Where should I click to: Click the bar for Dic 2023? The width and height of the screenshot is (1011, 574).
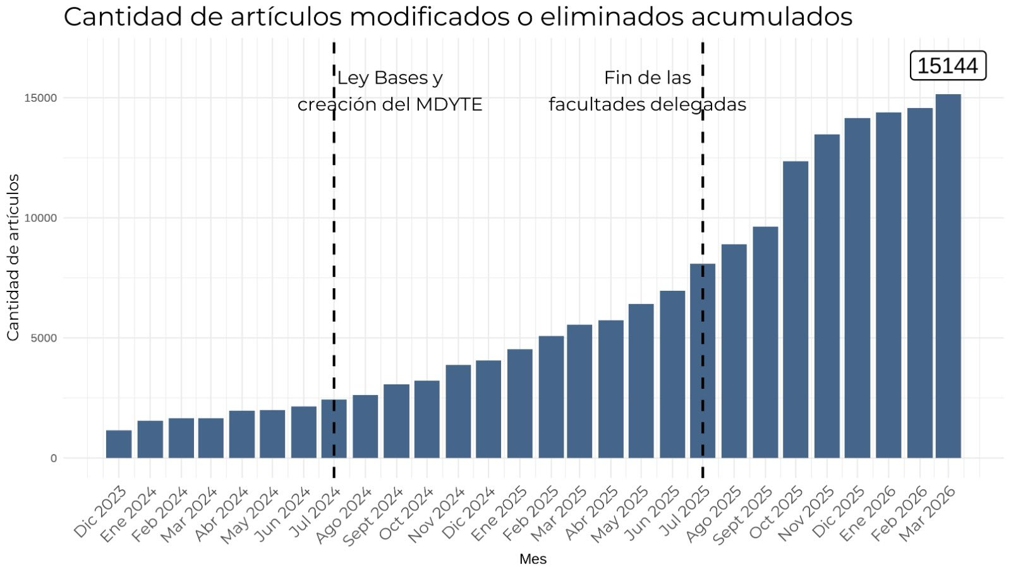click(119, 444)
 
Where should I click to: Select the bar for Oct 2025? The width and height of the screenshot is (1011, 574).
click(796, 310)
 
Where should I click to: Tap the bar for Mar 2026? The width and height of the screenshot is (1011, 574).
click(948, 276)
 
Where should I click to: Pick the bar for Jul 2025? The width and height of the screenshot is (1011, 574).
click(703, 361)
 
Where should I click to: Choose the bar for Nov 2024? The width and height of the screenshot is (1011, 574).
click(458, 411)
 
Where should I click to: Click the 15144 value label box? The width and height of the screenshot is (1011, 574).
click(948, 66)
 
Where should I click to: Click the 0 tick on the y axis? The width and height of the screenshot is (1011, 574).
click(53, 458)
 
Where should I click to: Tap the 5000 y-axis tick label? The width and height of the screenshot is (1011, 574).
click(44, 338)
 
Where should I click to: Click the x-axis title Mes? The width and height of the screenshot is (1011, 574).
click(533, 559)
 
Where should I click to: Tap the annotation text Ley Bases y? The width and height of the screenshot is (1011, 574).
click(389, 78)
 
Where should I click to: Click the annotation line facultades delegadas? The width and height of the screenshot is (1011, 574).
click(647, 104)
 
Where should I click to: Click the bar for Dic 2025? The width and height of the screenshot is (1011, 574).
click(857, 288)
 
